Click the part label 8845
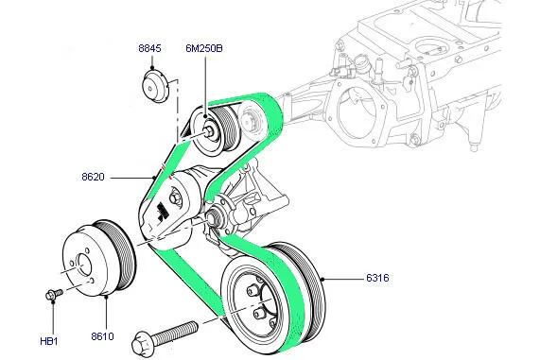click(149, 48)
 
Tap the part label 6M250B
click(204, 48)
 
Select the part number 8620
click(93, 177)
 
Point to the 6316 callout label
click(377, 278)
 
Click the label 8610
click(102, 336)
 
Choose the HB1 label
click(49, 341)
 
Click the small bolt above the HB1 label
click(54, 294)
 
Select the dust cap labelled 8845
click(156, 86)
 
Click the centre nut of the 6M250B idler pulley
click(209, 131)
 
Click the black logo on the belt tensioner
click(161, 213)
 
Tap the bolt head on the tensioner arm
click(175, 199)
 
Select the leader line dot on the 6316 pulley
click(322, 279)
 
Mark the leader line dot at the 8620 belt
click(153, 178)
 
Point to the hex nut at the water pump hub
click(211, 218)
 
